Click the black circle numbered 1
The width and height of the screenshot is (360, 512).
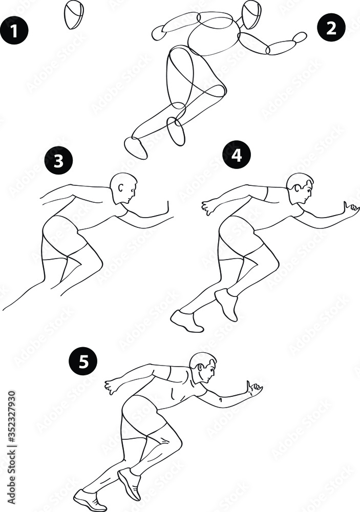pos(14,30)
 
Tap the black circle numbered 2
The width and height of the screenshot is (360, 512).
pos(331,27)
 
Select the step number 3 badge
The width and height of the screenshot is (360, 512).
pos(58,160)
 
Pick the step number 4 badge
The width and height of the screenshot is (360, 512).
pos(236,154)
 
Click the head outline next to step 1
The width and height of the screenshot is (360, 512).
pos(74,14)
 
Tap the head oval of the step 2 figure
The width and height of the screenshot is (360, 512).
pos(251,14)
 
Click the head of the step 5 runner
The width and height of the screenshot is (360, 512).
pos(203,367)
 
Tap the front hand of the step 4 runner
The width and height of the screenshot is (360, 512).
pos(352,208)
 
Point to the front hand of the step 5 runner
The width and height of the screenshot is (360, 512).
pos(255,389)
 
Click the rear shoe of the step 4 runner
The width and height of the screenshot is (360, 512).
pos(186,321)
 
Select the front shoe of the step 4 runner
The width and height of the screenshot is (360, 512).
pos(226,303)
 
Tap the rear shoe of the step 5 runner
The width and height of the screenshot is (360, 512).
pos(90,499)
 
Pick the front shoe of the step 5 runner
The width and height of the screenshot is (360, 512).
pos(130,483)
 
